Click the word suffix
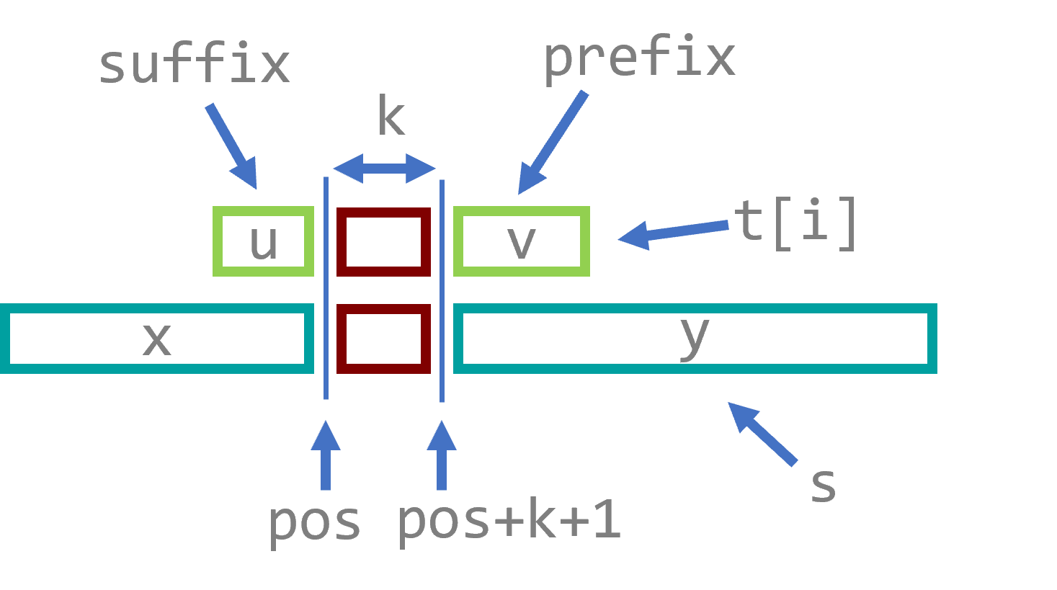[x=194, y=65]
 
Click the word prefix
[x=639, y=58]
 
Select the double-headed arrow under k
[x=384, y=169]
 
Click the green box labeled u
[x=264, y=241]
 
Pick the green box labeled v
[x=522, y=241]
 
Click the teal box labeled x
[x=156, y=339]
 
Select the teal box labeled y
[x=695, y=339]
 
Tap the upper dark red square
[x=383, y=241]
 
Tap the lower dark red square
[x=383, y=339]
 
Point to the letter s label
[x=823, y=484]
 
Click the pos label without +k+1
[x=314, y=522]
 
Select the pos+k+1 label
[x=509, y=520]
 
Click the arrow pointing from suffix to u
[x=232, y=146]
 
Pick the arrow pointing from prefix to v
[x=553, y=143]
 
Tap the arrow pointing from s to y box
[x=762, y=433]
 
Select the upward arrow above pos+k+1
[x=442, y=455]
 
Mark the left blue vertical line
[x=326, y=288]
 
